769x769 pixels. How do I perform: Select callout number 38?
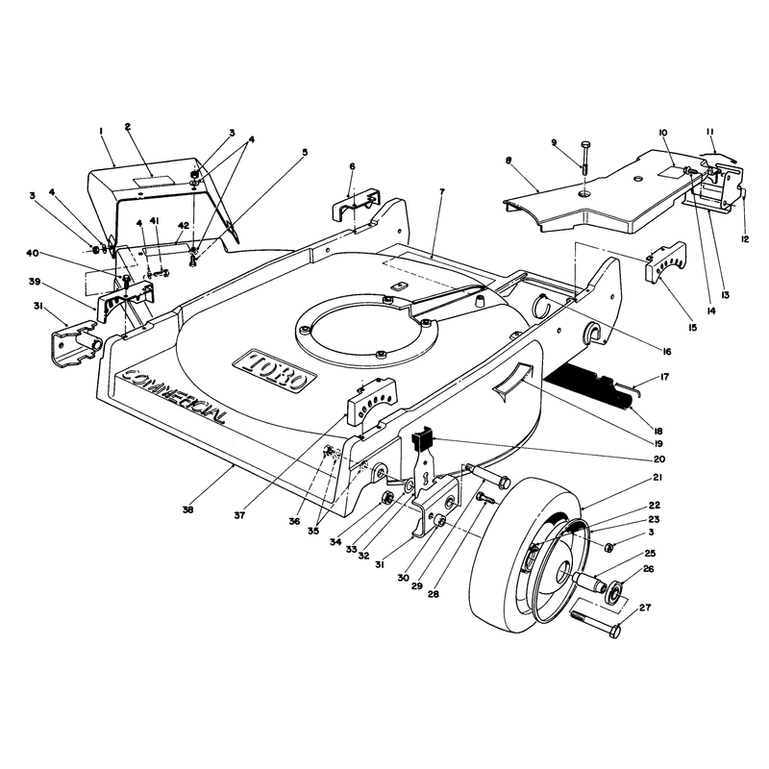[187, 509]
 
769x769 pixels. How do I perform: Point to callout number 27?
[645, 608]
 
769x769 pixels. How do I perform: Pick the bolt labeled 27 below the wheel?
[595, 623]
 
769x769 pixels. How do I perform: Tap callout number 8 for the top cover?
[509, 160]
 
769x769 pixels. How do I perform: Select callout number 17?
[664, 377]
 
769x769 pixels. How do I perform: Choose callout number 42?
[184, 225]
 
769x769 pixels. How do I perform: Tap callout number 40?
[32, 254]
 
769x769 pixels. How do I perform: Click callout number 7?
[442, 191]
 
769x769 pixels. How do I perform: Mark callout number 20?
[659, 459]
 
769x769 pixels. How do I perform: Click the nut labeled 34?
[386, 499]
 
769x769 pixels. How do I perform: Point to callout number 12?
[745, 238]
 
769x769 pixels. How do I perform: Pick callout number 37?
[239, 515]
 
